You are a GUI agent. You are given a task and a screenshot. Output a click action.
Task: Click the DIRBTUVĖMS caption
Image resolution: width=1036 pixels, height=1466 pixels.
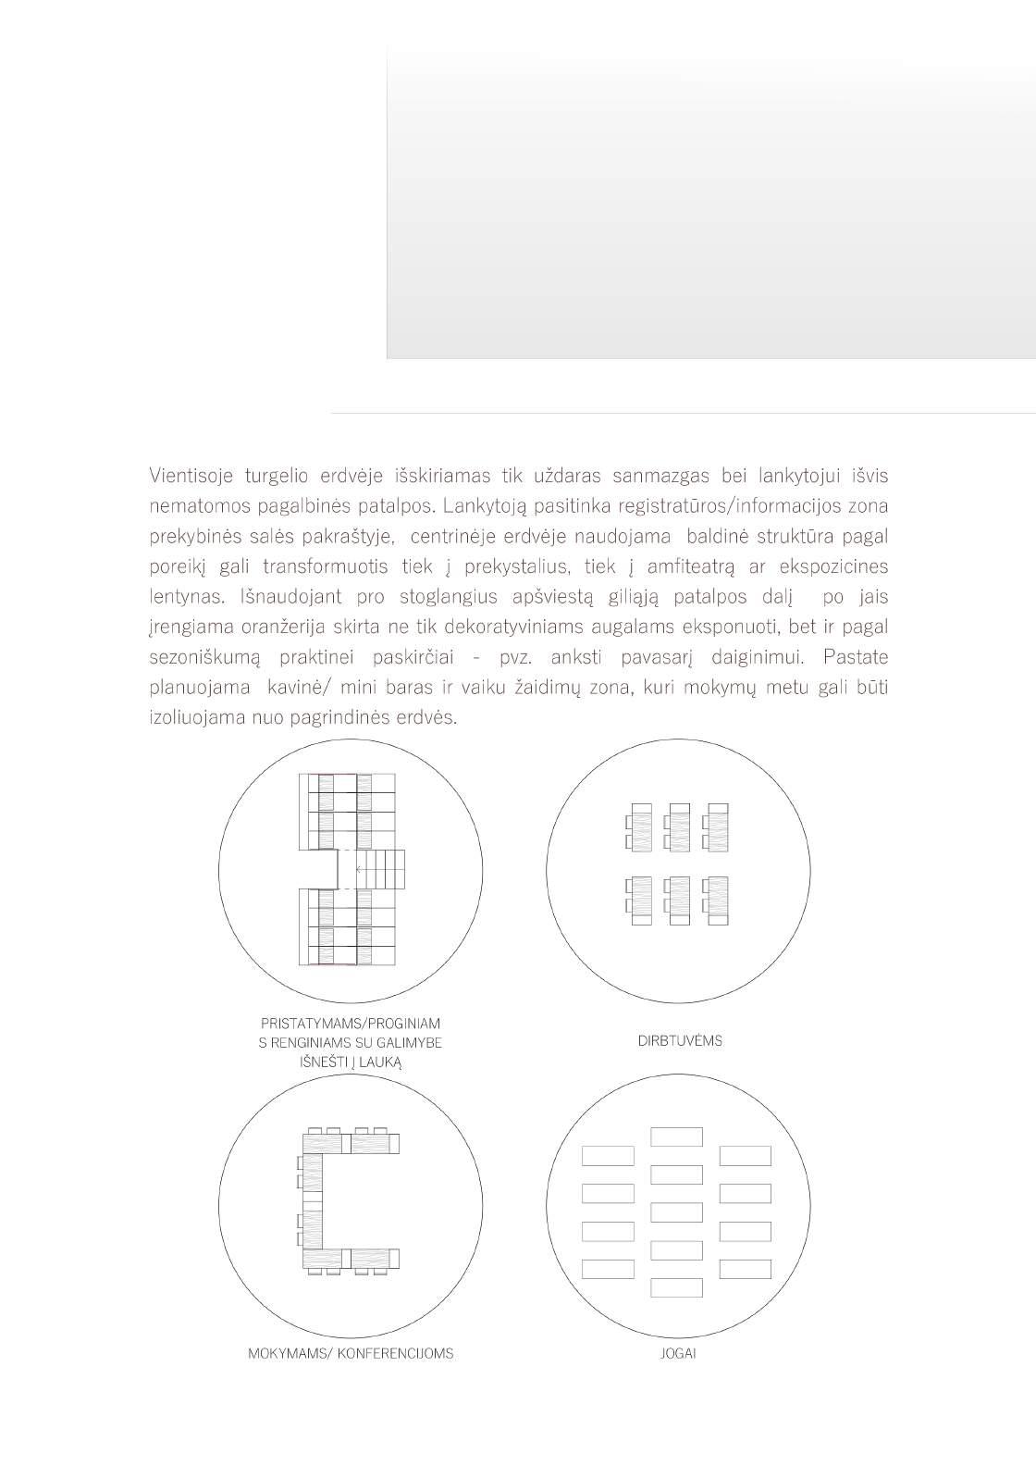coord(680,1040)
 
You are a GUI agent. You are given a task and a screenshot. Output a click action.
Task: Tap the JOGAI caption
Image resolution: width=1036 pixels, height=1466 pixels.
coord(679,1353)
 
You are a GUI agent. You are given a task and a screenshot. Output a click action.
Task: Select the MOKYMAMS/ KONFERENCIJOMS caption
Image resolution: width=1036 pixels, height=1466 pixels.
coord(351,1353)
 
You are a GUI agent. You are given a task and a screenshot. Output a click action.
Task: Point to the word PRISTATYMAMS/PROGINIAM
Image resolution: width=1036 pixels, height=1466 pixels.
coord(351,1024)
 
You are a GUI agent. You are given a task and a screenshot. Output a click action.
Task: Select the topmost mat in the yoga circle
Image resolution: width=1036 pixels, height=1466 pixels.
coord(676,1137)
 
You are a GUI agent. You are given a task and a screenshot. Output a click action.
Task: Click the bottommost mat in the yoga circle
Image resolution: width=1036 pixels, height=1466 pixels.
coord(676,1287)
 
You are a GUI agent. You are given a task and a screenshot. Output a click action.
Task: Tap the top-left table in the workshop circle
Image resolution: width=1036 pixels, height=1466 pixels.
coord(638,826)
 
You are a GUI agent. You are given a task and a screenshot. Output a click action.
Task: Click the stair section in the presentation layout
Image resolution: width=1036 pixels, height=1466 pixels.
coord(380,871)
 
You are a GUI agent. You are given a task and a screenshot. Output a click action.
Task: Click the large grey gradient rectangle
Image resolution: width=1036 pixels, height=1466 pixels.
coord(710,204)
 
